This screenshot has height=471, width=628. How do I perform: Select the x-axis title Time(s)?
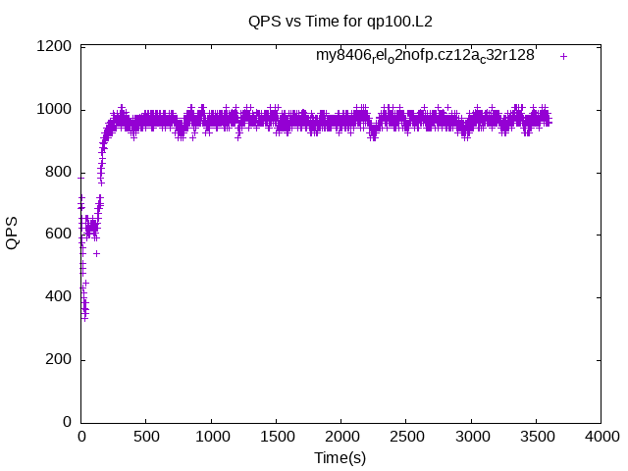pyautogui.click(x=340, y=457)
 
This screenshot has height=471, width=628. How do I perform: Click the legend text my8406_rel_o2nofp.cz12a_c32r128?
pyautogui.click(x=425, y=56)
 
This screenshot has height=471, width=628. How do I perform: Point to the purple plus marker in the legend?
pyautogui.click(x=564, y=56)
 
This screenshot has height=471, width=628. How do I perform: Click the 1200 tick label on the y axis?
pyautogui.click(x=55, y=46)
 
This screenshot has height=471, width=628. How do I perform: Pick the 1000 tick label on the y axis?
pyautogui.click(x=55, y=109)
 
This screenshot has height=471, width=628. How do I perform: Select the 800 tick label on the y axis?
pyautogui.click(x=59, y=172)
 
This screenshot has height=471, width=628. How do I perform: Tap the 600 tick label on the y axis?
pyautogui.click(x=59, y=235)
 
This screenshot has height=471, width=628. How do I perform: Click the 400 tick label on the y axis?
pyautogui.click(x=59, y=297)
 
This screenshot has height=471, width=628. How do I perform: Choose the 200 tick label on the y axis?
pyautogui.click(x=59, y=360)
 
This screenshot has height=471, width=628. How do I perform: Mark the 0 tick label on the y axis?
pyautogui.click(x=67, y=423)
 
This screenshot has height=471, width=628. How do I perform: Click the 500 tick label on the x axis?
pyautogui.click(x=146, y=438)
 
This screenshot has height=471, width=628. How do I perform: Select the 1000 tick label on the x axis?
pyautogui.click(x=211, y=438)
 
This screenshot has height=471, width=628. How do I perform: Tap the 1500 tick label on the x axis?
pyautogui.click(x=276, y=438)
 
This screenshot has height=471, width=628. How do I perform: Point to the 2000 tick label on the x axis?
pyautogui.click(x=340, y=438)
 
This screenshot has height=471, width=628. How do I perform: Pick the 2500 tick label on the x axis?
pyautogui.click(x=406, y=438)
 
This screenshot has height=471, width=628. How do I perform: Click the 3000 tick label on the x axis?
pyautogui.click(x=471, y=438)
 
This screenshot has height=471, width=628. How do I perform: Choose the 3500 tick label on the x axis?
pyautogui.click(x=536, y=438)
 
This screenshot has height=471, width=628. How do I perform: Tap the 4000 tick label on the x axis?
pyautogui.click(x=601, y=438)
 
